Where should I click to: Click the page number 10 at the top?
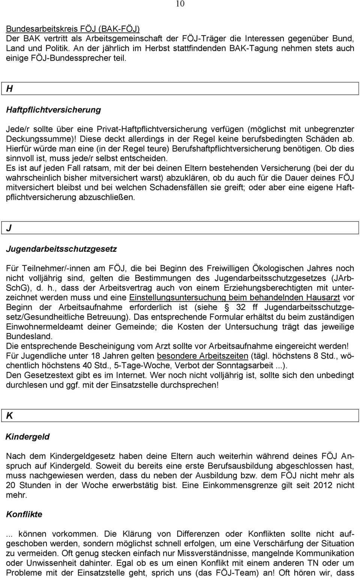pos(180,4)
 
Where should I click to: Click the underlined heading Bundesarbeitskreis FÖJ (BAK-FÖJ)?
pos(73,28)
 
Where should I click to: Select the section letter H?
pos(10,89)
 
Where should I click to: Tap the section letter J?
pos(9,228)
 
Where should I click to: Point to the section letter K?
pos(10,416)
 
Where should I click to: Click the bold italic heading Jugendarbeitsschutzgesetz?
pos(61,249)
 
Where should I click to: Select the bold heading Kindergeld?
pos(27,437)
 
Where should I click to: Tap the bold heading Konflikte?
pos(24,514)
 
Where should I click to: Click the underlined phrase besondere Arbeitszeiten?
pos(202,356)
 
